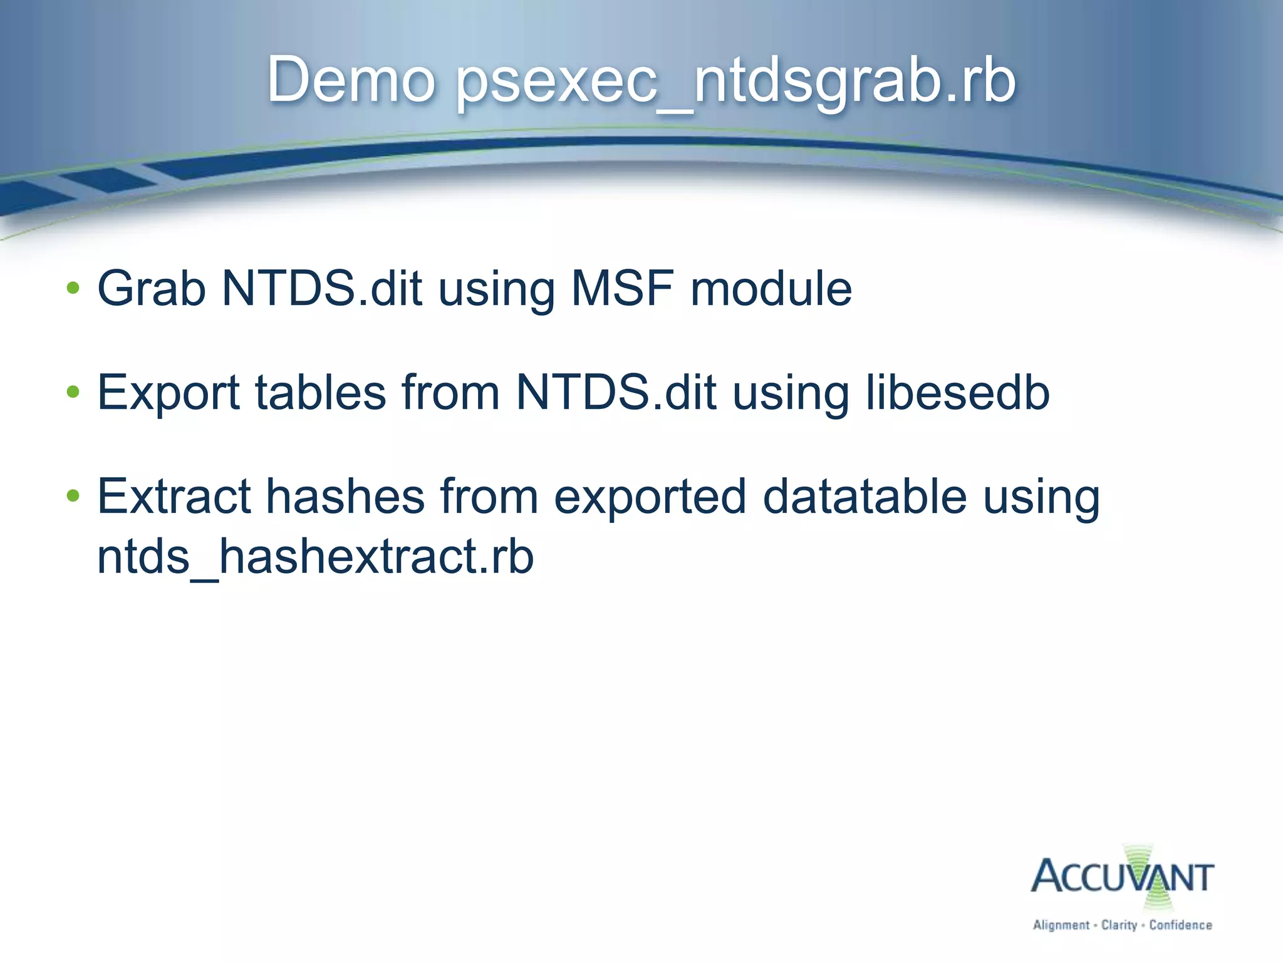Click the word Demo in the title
351,80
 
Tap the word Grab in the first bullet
152,289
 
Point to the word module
771,289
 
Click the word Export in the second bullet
169,393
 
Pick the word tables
321,393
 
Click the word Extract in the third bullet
174,497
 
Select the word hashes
346,497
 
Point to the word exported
650,497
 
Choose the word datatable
865,497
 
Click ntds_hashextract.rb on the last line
315,557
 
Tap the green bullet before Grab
73,288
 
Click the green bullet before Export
73,392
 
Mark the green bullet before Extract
73,496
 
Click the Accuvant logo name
1121,877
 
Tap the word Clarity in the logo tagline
1119,925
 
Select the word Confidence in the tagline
1180,925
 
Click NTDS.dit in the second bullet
616,393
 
